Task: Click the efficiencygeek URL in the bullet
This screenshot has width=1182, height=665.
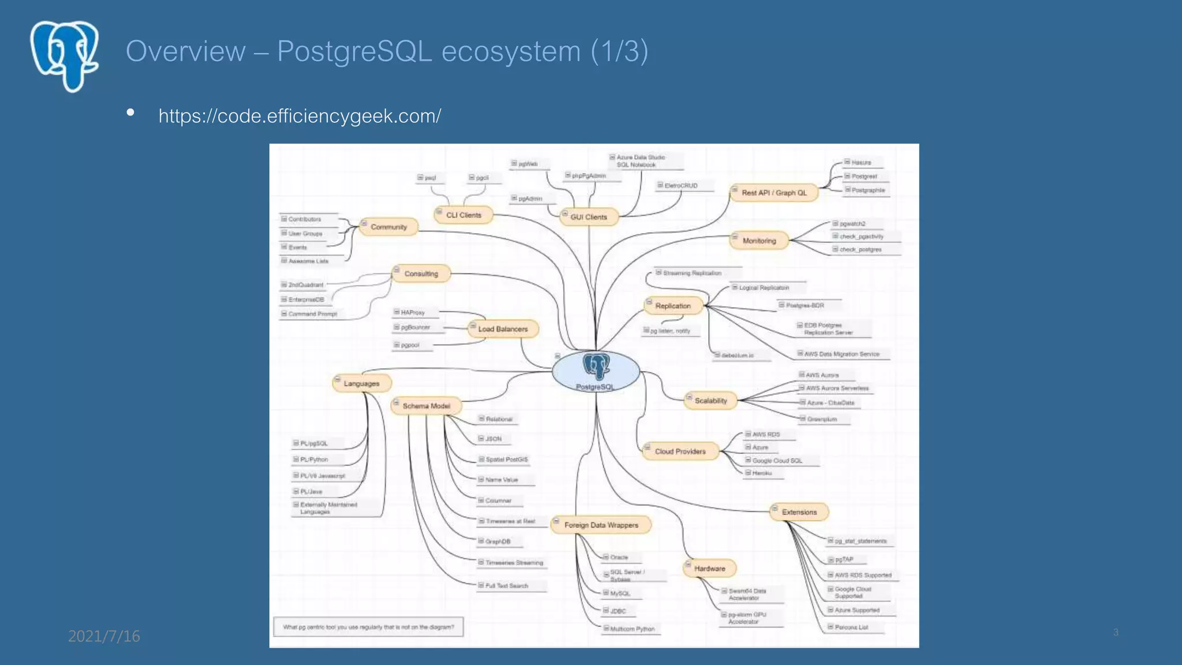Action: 300,116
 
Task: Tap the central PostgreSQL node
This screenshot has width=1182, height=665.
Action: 596,372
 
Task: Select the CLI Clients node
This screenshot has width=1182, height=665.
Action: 463,215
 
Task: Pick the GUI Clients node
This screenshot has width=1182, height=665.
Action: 589,217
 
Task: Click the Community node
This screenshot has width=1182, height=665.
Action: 388,227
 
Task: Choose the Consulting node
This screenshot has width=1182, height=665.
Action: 421,274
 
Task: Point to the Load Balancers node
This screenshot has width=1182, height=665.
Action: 503,329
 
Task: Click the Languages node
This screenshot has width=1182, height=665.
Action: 361,383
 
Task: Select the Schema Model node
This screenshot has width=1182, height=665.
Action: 426,406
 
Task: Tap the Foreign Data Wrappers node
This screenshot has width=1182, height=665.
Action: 601,525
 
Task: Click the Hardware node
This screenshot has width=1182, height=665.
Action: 709,569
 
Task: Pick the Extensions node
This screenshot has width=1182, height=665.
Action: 799,512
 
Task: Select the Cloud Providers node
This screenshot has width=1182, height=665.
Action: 680,451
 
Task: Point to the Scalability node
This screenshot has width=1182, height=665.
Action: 710,401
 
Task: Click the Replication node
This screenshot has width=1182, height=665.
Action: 672,306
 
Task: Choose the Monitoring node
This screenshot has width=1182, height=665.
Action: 759,241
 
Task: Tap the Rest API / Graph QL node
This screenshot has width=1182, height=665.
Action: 774,193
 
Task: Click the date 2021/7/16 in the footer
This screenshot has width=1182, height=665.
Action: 104,636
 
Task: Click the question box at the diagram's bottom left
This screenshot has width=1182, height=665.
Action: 368,627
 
